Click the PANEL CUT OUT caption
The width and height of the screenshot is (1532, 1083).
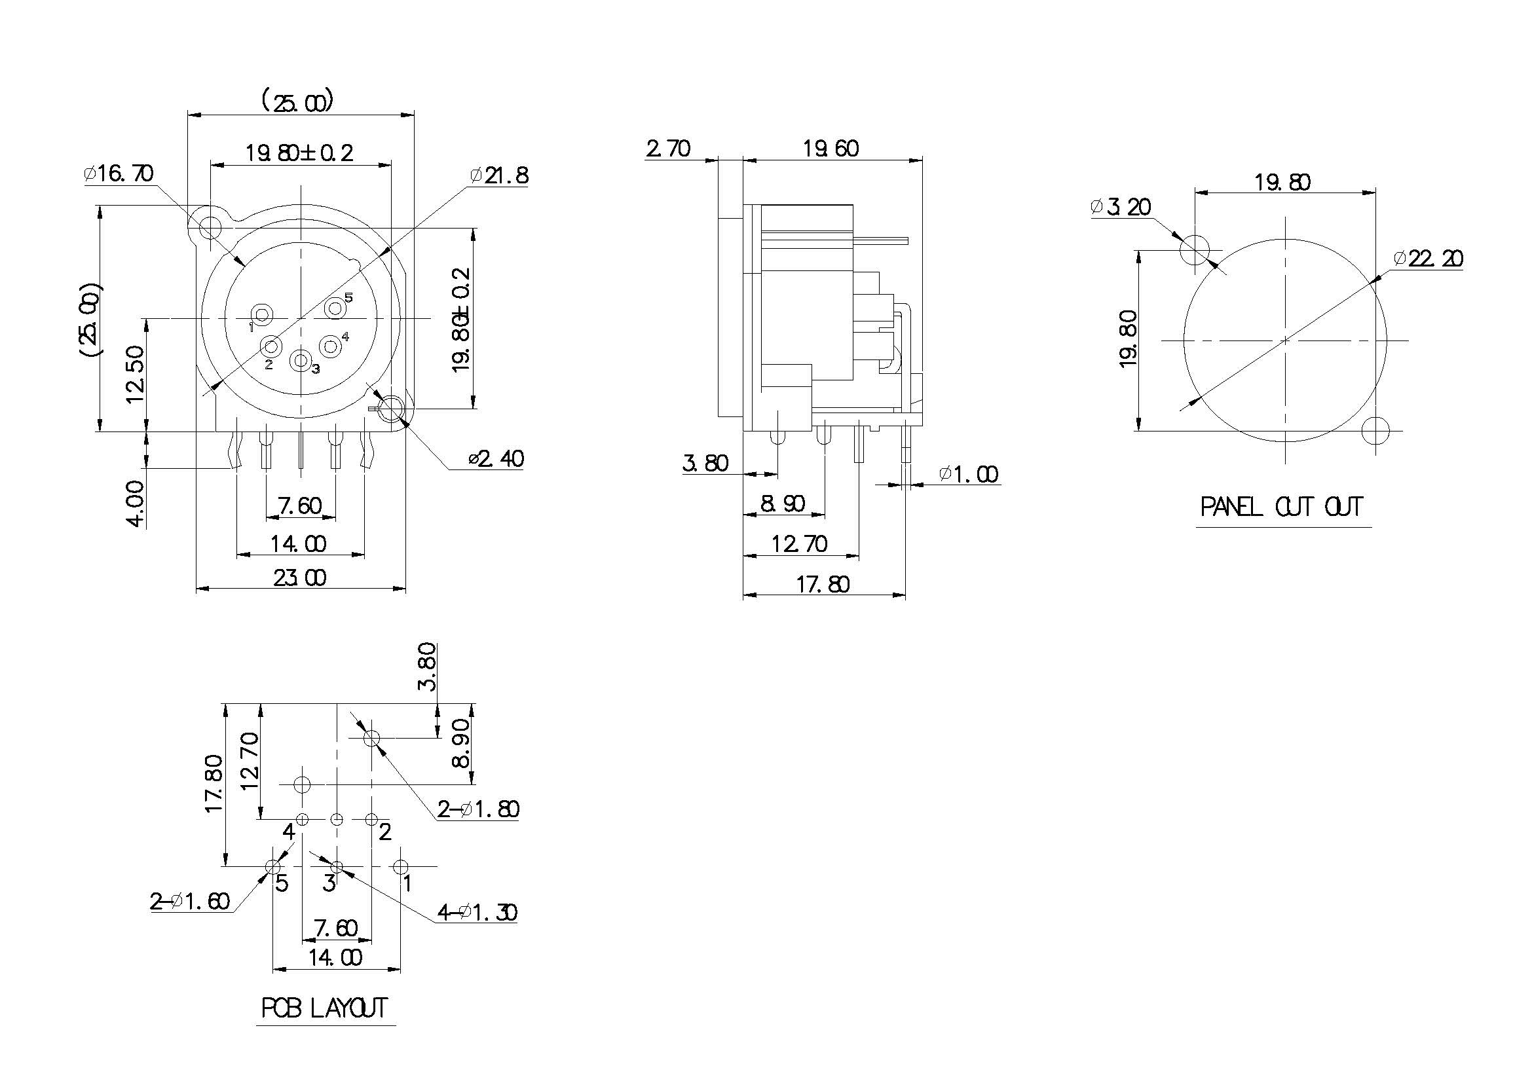pos(1281,507)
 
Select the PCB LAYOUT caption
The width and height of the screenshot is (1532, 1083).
pos(324,1008)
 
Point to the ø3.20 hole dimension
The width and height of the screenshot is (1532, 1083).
pos(1121,207)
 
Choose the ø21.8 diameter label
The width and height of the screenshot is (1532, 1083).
pos(499,175)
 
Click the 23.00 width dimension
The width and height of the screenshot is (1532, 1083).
pos(299,578)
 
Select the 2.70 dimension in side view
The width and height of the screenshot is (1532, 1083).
pos(668,148)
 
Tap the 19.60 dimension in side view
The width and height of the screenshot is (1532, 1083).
pos(830,148)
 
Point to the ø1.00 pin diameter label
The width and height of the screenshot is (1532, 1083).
pos(968,474)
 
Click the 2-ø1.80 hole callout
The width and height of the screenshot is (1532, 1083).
pos(477,809)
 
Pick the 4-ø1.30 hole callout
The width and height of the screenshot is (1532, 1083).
pos(477,911)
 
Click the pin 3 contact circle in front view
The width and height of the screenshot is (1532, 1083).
pos(301,361)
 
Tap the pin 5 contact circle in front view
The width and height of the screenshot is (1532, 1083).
pos(334,308)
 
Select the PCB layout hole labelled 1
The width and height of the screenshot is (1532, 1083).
pos(400,867)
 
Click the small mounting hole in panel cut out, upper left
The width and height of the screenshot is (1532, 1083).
pos(1195,250)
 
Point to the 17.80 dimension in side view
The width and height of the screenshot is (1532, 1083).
pos(823,585)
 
